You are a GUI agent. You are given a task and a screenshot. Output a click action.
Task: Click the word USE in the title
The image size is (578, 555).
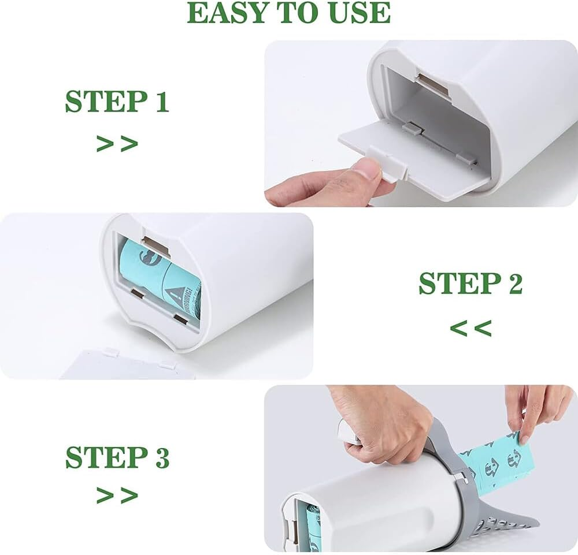(359, 13)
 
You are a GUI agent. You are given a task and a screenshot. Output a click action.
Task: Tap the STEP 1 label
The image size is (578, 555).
(117, 101)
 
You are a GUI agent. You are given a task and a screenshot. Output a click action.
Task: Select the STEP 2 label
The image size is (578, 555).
(470, 284)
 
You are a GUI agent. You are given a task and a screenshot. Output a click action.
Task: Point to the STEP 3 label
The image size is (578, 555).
(117, 457)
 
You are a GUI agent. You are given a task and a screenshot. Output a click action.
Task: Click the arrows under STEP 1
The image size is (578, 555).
(117, 143)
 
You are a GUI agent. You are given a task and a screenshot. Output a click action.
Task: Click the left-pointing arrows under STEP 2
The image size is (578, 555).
(470, 328)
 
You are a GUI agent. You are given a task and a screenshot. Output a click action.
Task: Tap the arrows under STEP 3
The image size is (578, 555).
(117, 495)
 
